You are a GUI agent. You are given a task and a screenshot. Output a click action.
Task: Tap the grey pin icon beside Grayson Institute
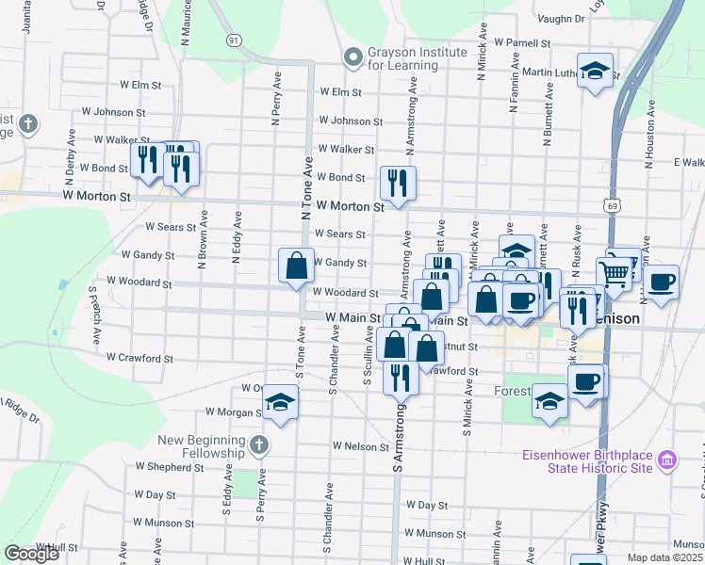point(354,58)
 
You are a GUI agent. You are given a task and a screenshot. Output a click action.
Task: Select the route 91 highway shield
point(233,40)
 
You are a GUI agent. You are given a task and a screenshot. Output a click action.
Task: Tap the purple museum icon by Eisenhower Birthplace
point(667,460)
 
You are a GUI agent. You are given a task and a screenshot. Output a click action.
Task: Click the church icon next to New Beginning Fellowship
point(260,444)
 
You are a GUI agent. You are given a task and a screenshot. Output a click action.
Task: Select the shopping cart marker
point(615,274)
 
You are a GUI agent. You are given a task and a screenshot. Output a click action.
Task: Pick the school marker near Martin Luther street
point(595,72)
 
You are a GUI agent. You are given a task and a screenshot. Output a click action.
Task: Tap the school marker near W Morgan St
point(280,402)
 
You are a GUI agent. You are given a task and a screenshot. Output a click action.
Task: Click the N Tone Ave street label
point(306,188)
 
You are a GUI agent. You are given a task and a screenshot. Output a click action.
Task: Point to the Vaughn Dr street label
point(561,18)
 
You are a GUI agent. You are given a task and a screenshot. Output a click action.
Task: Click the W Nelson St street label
point(360,446)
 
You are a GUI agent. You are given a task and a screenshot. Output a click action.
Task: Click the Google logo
point(31,554)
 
